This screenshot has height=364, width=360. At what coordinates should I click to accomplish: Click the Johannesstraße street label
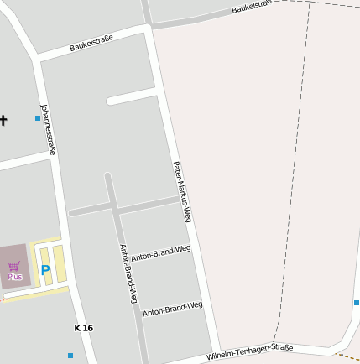point(49,129)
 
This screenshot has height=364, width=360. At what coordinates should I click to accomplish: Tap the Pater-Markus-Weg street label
point(182,192)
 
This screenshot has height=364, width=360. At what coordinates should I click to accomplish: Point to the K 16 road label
point(84,328)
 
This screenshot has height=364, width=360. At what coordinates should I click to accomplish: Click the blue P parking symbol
point(45,271)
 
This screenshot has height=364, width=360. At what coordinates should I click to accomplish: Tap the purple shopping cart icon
point(14,266)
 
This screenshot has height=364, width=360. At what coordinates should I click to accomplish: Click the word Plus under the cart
point(14,277)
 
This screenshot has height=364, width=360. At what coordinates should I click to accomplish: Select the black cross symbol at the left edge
point(3,120)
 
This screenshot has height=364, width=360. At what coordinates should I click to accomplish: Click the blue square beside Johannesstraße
point(38,118)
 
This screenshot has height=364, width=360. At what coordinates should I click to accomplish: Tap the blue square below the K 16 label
point(70,356)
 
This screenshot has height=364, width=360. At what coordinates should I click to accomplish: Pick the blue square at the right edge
point(357,303)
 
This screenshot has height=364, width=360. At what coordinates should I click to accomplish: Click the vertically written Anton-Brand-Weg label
point(128,273)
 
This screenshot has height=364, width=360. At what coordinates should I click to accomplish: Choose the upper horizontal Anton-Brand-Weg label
point(160,253)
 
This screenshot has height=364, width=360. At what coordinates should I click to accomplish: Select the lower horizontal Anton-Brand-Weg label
point(172,309)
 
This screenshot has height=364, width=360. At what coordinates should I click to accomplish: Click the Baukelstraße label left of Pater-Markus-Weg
point(91,43)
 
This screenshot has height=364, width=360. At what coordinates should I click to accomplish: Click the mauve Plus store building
point(14,268)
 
